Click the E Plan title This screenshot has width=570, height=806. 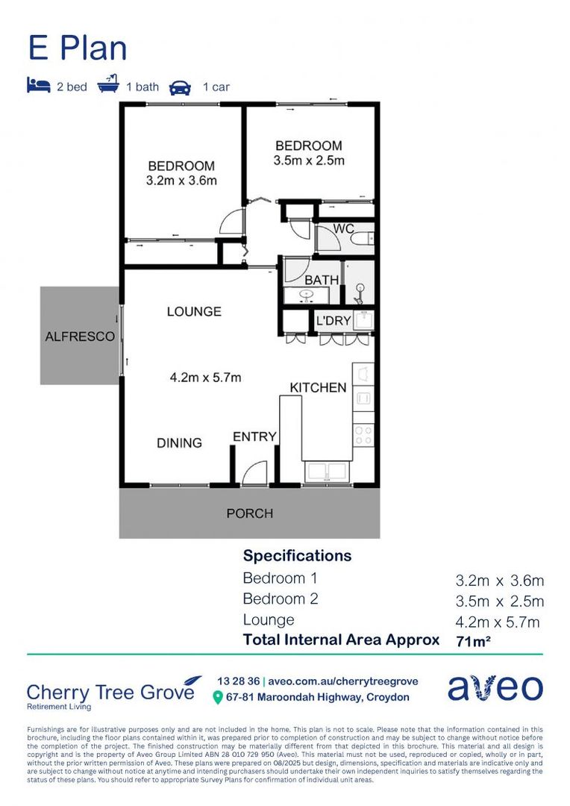click(x=78, y=49)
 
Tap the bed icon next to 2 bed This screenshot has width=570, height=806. click(x=38, y=86)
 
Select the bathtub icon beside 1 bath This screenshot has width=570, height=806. click(x=109, y=86)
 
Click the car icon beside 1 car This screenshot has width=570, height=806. click(x=180, y=87)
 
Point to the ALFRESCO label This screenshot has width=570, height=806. click(x=80, y=337)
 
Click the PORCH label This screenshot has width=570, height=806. click(x=249, y=513)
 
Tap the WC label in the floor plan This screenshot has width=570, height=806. click(x=343, y=228)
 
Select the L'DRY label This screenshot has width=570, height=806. click(x=333, y=321)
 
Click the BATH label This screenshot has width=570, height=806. click(x=321, y=280)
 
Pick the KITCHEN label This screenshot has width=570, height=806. click(x=318, y=387)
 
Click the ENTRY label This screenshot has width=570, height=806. click(x=254, y=437)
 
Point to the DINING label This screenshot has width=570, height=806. click(x=179, y=443)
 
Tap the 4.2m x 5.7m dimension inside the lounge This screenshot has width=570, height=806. click(x=205, y=378)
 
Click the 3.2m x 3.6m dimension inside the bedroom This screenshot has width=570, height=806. click(x=181, y=181)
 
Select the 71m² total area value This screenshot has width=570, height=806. click(x=472, y=640)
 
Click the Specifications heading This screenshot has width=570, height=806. click(x=297, y=556)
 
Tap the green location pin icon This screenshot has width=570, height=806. click(x=218, y=697)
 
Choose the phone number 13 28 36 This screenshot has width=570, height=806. click(x=237, y=681)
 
